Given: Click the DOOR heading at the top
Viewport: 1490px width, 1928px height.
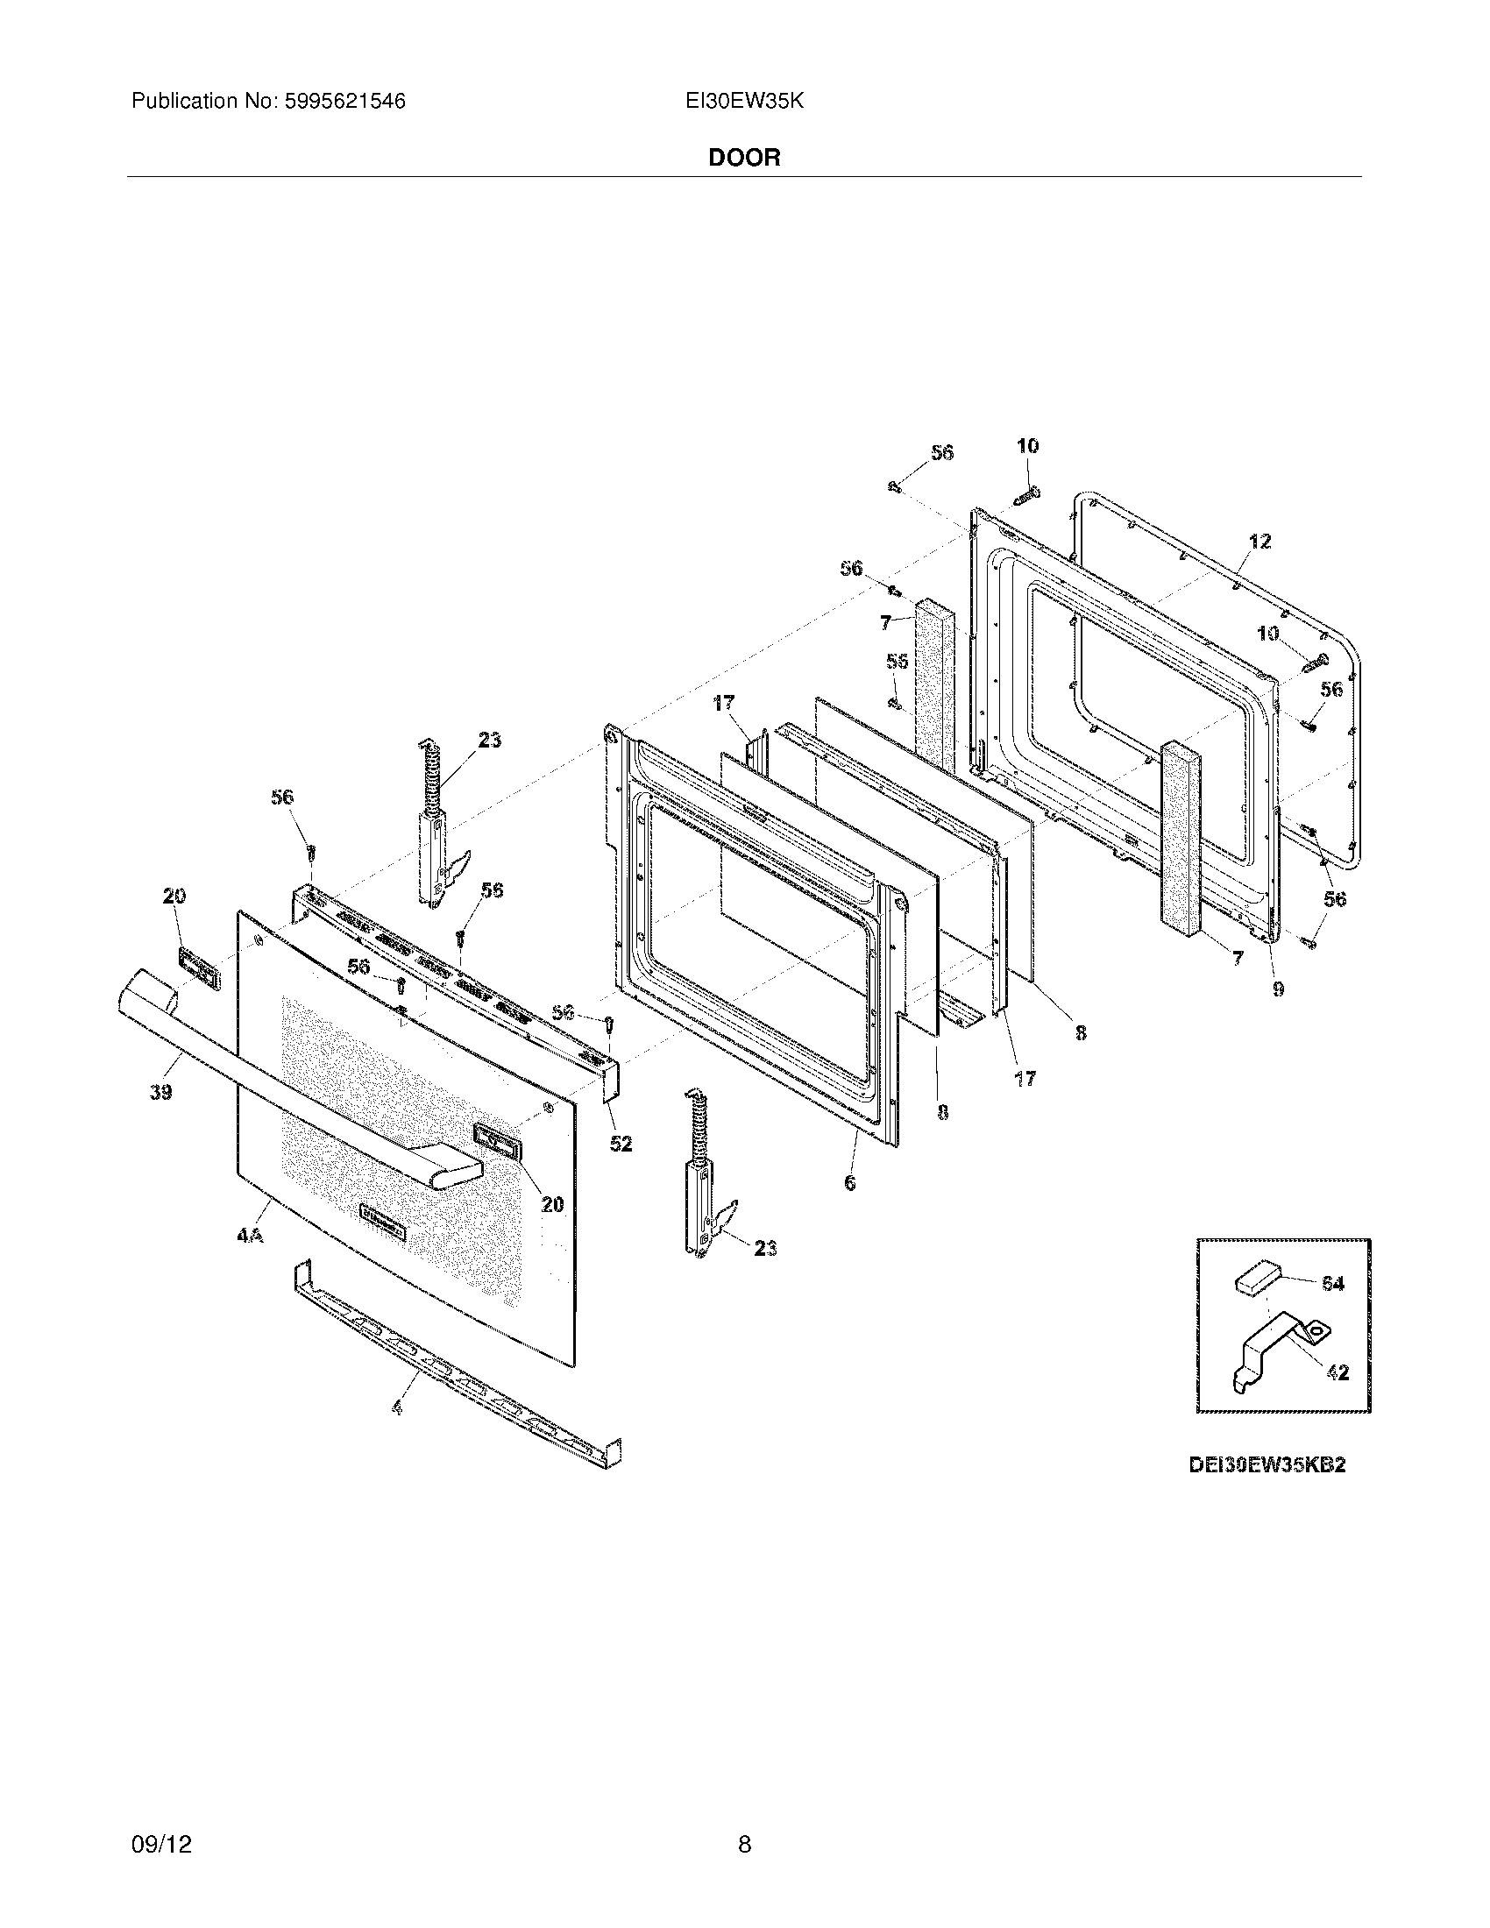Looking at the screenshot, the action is tap(744, 158).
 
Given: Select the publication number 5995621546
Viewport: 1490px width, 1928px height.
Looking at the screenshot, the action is tap(344, 102).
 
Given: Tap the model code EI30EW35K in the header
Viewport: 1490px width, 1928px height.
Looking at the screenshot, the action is tap(744, 102).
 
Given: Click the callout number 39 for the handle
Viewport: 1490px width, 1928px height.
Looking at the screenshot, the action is tap(160, 1092).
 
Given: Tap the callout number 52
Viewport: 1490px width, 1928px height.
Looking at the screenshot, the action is tap(621, 1143).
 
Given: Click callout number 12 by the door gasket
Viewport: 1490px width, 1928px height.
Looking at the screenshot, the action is tap(1259, 541).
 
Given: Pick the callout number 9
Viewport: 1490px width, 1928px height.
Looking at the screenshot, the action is tap(1278, 989).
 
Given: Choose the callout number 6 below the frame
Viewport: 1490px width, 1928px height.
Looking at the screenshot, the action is tap(849, 1183).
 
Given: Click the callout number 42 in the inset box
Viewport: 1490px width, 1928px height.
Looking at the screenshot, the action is tap(1337, 1372).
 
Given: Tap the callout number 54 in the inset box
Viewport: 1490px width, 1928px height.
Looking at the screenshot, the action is tap(1332, 1284).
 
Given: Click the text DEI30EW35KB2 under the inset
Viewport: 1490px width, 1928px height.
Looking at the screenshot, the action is tap(1266, 1464).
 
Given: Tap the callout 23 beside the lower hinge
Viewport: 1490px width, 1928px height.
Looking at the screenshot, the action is tap(764, 1247).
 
